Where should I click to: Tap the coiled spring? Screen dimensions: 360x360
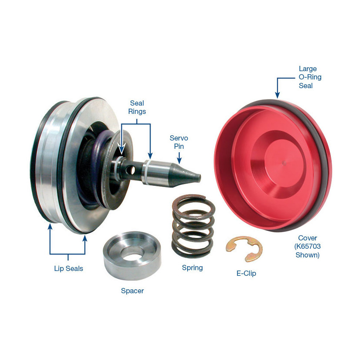coord(193,226)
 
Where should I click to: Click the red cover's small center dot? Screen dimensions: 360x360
coord(285,163)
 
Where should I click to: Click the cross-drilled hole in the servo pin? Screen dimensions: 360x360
coord(132,170)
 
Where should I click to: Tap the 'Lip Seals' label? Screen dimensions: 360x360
coord(69,268)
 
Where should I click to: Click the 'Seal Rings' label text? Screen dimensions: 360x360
coord(137,107)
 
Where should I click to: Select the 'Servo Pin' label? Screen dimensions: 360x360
coord(179,142)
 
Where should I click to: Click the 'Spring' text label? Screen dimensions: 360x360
coord(192,268)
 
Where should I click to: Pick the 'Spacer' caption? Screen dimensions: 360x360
coord(133,291)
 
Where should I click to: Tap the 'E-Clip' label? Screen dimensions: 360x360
coord(247,273)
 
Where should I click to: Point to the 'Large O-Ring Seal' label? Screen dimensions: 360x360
coord(310,77)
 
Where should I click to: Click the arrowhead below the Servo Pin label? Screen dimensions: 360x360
coord(179,161)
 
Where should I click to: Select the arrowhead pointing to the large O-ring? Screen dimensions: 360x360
coord(278,95)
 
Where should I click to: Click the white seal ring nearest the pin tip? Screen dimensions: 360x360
coord(146,173)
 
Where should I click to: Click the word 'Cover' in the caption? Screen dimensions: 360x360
coord(308,238)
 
